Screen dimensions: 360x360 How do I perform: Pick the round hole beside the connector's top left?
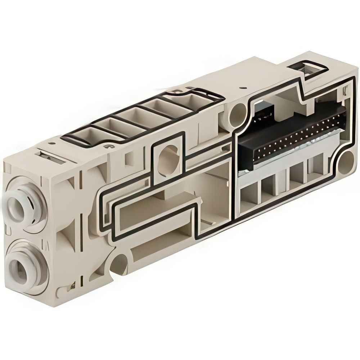click(x=238, y=114)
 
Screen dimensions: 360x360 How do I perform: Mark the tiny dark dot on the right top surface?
click(x=244, y=87)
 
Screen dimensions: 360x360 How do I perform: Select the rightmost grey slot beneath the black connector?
click(x=317, y=164)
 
